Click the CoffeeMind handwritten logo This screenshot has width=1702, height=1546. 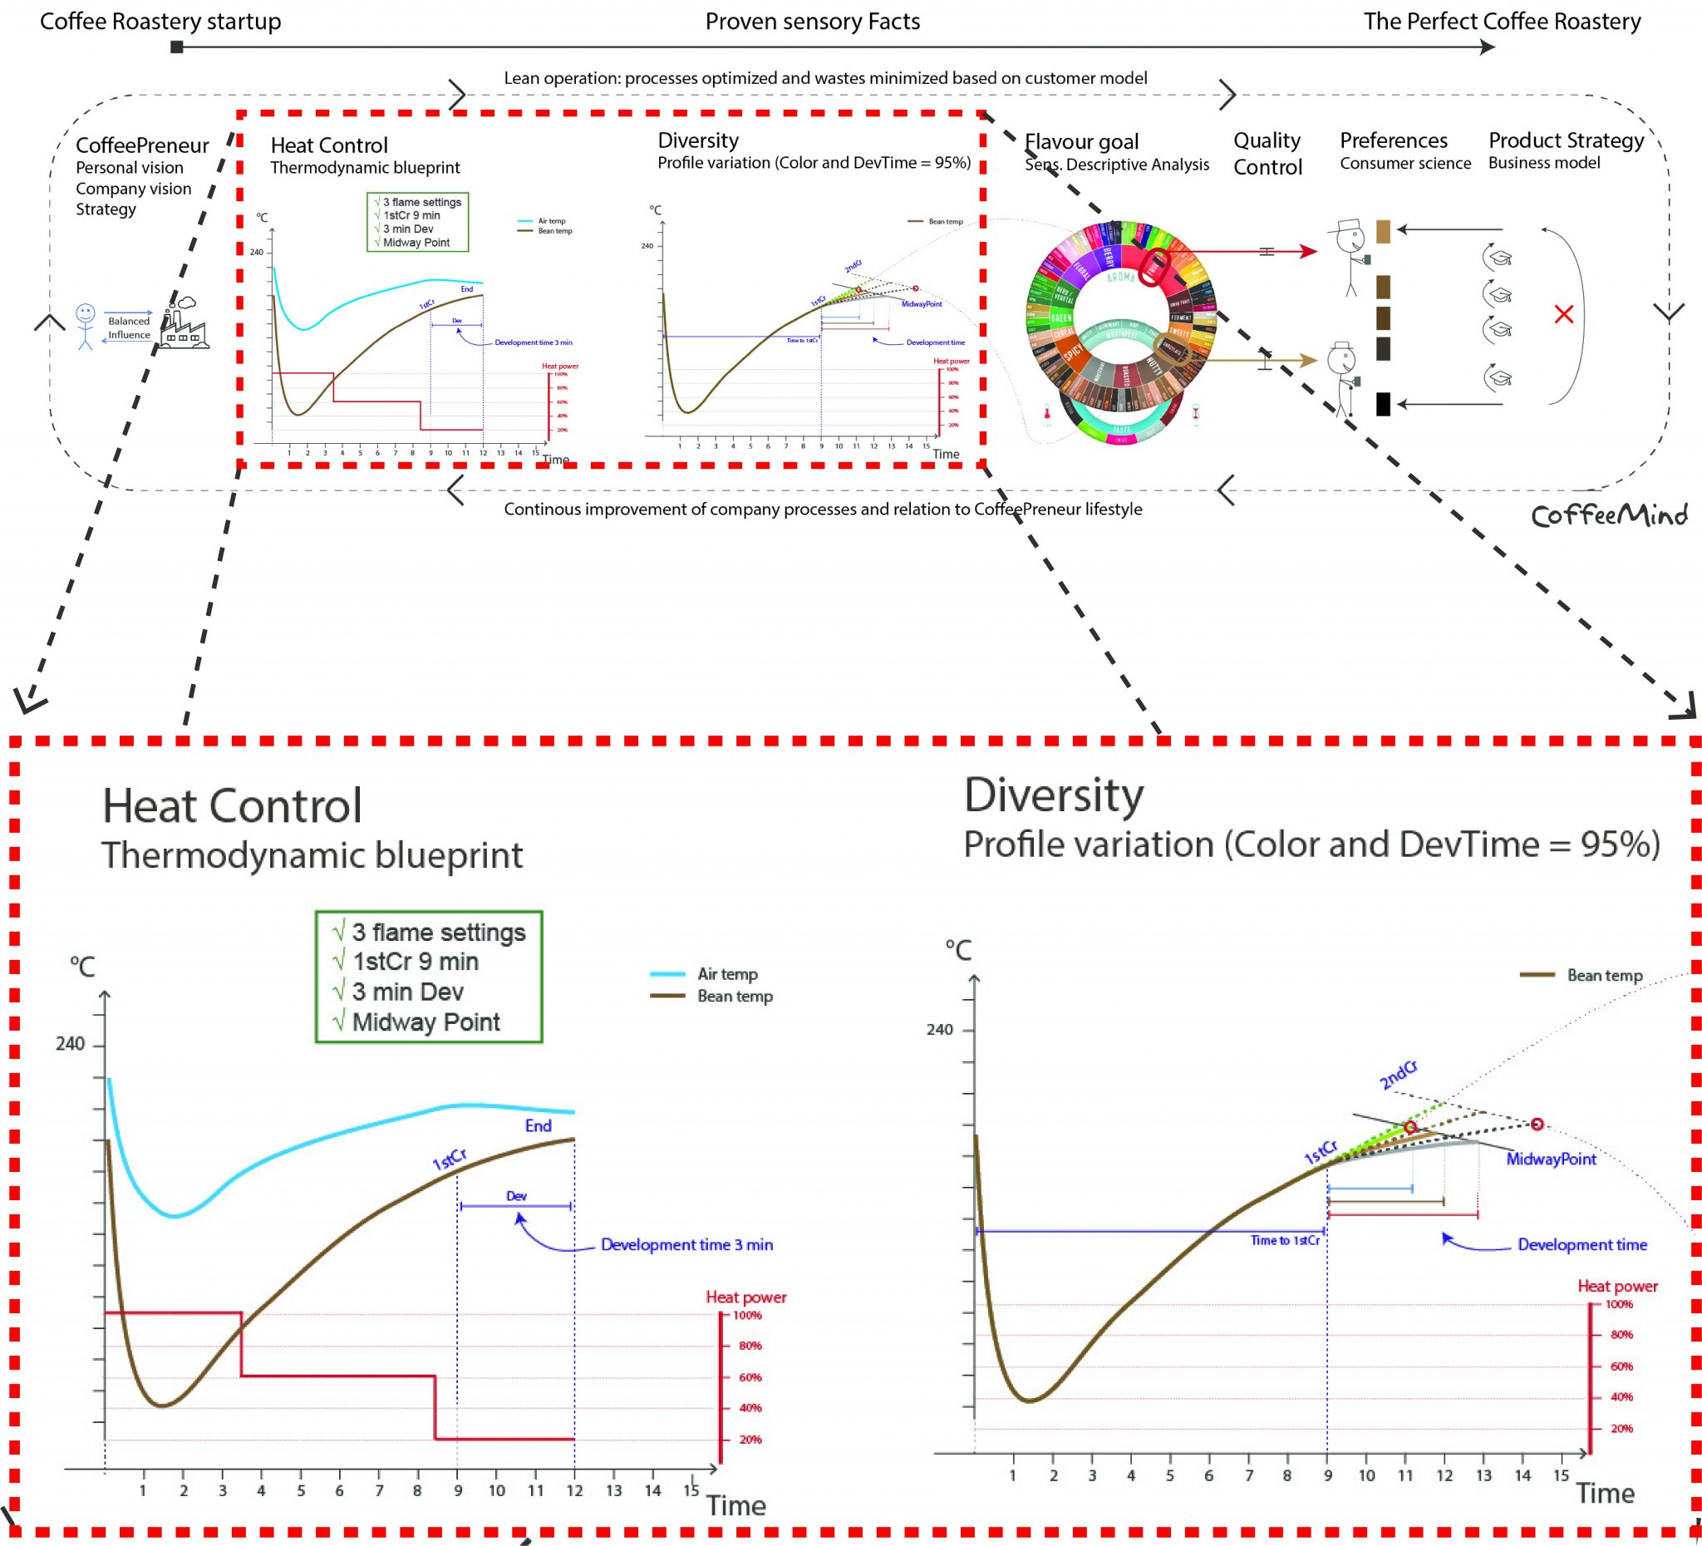tap(1609, 515)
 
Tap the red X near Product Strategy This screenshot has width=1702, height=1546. tap(1563, 314)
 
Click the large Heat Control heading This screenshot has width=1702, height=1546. tap(232, 805)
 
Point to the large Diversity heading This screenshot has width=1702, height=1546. tap(1054, 795)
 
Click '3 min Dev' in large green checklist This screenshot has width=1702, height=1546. tap(408, 992)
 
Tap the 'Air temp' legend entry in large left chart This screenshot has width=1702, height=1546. tap(726, 973)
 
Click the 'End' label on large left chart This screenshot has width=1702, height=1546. tap(538, 1125)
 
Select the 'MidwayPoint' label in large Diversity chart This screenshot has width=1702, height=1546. tap(1551, 1159)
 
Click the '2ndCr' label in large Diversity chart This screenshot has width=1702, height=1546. tap(1398, 1076)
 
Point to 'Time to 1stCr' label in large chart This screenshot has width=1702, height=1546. tap(1284, 1240)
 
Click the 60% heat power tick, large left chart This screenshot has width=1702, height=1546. tap(750, 1377)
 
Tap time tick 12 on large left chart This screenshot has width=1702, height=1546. tap(574, 1490)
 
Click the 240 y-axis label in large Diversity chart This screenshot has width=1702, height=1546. tap(939, 1029)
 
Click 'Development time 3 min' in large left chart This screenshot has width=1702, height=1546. tap(686, 1244)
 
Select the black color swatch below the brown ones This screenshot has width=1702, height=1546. tap(1383, 404)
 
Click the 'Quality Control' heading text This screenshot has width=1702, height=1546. tap(1267, 154)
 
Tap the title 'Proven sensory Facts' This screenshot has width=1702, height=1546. tap(812, 21)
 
